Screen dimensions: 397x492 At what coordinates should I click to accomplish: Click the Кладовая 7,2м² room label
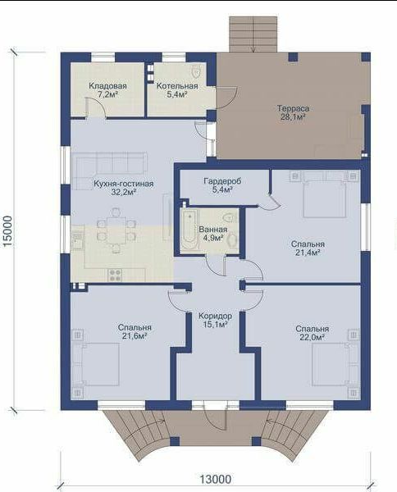pos(107,90)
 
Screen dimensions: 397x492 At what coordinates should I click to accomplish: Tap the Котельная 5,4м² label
pos(177,90)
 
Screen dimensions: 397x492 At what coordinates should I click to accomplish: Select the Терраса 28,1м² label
pos(293,112)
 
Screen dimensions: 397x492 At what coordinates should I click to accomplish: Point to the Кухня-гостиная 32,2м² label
pos(124,188)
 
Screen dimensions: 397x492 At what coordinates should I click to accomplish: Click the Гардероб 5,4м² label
pos(222,185)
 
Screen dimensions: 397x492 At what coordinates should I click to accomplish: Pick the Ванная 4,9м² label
pos(213,234)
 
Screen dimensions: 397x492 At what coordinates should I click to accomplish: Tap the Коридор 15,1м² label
pos(215,320)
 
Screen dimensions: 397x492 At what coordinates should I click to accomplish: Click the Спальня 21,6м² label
pos(135,331)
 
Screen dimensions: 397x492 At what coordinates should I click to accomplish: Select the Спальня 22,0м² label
pos(312,333)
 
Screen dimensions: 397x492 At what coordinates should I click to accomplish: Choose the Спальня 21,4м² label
pos(308,248)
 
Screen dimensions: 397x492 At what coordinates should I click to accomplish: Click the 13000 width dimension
pos(216,479)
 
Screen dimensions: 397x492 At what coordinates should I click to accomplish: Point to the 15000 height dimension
pos(8,231)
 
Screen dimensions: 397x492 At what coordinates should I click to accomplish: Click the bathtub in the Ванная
pos(189,230)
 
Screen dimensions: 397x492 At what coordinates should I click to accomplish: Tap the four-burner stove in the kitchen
pos(115,276)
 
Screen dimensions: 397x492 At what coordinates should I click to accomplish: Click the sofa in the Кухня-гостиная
pos(111,171)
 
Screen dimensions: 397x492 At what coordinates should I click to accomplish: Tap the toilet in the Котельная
pos(196,71)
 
